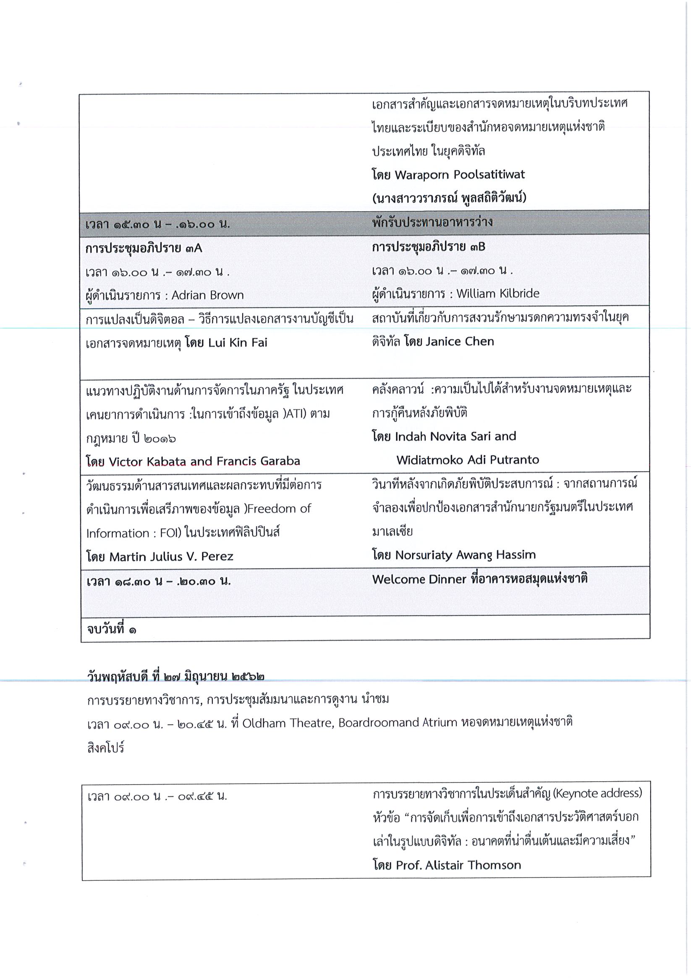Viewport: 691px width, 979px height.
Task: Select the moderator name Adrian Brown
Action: (x=208, y=295)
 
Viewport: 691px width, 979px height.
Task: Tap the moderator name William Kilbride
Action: (x=497, y=293)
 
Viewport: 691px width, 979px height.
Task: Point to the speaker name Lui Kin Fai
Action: (x=238, y=342)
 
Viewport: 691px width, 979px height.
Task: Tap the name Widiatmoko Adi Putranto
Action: (x=468, y=459)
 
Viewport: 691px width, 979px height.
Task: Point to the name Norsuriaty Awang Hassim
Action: (x=466, y=555)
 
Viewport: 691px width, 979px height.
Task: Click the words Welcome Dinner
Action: (x=419, y=579)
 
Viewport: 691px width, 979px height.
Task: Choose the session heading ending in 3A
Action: (x=144, y=248)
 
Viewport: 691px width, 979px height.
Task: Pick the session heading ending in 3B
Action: (x=428, y=247)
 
